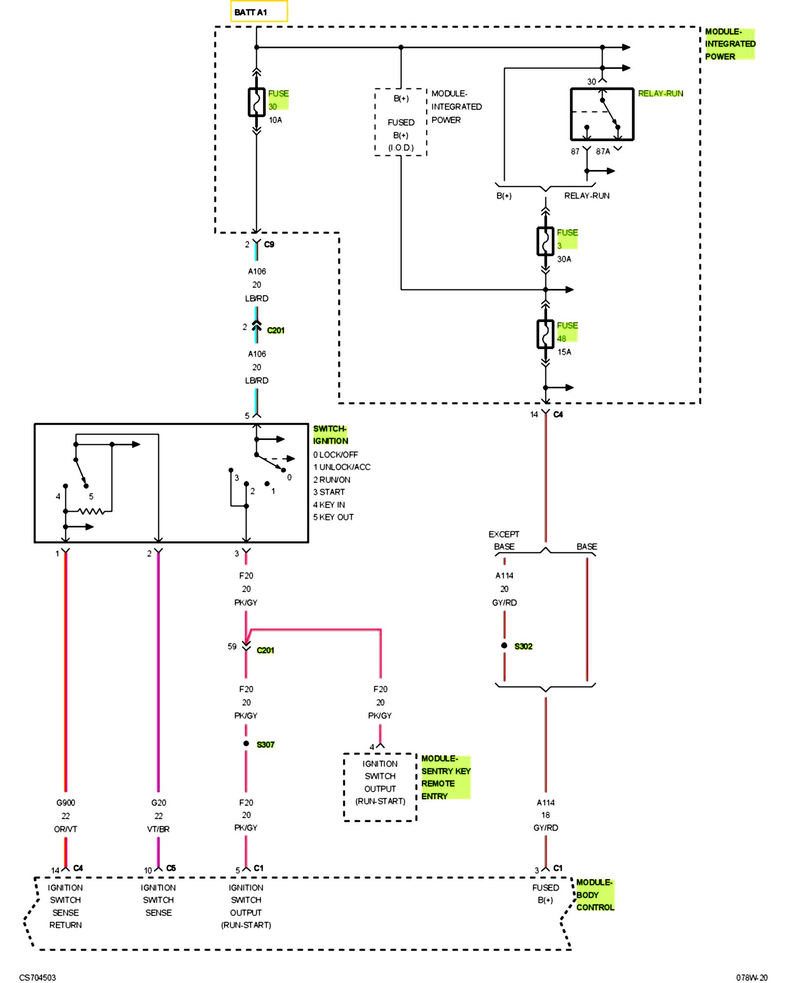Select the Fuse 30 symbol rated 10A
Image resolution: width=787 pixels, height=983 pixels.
pyautogui.click(x=256, y=102)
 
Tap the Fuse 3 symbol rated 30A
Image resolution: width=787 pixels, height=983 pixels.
pyautogui.click(x=545, y=241)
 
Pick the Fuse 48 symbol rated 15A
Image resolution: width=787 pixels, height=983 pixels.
pyautogui.click(x=545, y=334)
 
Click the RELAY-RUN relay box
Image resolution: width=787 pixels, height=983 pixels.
pyautogui.click(x=602, y=114)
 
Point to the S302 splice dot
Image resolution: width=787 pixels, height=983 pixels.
pyautogui.click(x=504, y=645)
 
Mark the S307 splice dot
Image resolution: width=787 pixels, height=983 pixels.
pyautogui.click(x=246, y=743)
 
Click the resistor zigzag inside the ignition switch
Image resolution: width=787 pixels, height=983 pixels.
pyautogui.click(x=91, y=511)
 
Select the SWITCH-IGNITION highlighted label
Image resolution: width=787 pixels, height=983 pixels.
pyautogui.click(x=331, y=435)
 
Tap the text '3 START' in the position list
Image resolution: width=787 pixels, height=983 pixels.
pyautogui.click(x=329, y=492)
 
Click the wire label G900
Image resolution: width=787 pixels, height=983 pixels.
pyautogui.click(x=65, y=803)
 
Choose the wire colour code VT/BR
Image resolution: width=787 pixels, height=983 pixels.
pyautogui.click(x=158, y=829)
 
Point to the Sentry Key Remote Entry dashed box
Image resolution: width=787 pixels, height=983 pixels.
pyautogui.click(x=380, y=787)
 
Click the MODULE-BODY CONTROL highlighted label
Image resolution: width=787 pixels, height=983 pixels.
pyautogui.click(x=595, y=895)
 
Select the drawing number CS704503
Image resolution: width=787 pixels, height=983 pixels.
pyautogui.click(x=37, y=978)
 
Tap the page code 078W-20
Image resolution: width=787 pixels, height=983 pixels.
pyautogui.click(x=752, y=978)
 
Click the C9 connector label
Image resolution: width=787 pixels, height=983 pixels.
pyautogui.click(x=269, y=244)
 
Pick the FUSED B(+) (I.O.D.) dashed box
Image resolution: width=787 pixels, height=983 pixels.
pyautogui.click(x=400, y=122)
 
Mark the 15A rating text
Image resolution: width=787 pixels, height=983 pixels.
pyautogui.click(x=564, y=352)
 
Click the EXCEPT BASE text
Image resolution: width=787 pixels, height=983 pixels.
pyautogui.click(x=504, y=540)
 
